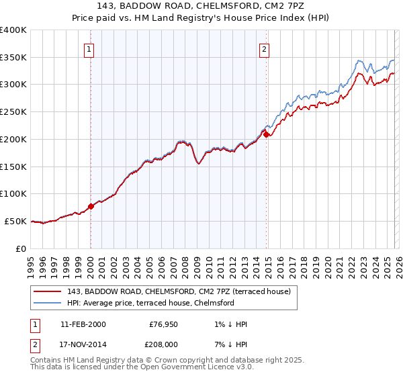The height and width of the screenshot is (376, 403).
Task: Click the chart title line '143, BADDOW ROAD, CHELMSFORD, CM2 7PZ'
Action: (201, 7)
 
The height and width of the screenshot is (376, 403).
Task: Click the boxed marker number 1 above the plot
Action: (89, 48)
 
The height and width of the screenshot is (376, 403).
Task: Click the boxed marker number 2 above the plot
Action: (265, 48)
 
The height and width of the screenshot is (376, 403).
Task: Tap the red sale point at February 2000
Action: (91, 206)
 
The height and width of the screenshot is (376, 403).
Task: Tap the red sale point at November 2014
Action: (267, 134)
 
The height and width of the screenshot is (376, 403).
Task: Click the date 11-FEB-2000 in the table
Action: (83, 324)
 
